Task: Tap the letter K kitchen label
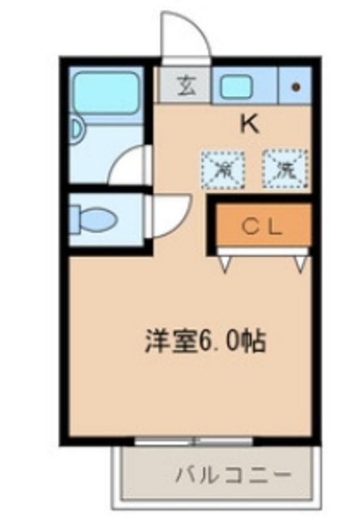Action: click(x=249, y=124)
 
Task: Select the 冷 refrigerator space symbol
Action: click(x=221, y=169)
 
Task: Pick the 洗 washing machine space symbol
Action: click(x=284, y=169)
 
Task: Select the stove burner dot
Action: click(x=295, y=86)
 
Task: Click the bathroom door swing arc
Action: click(x=130, y=166)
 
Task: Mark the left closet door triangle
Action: click(x=225, y=262)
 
